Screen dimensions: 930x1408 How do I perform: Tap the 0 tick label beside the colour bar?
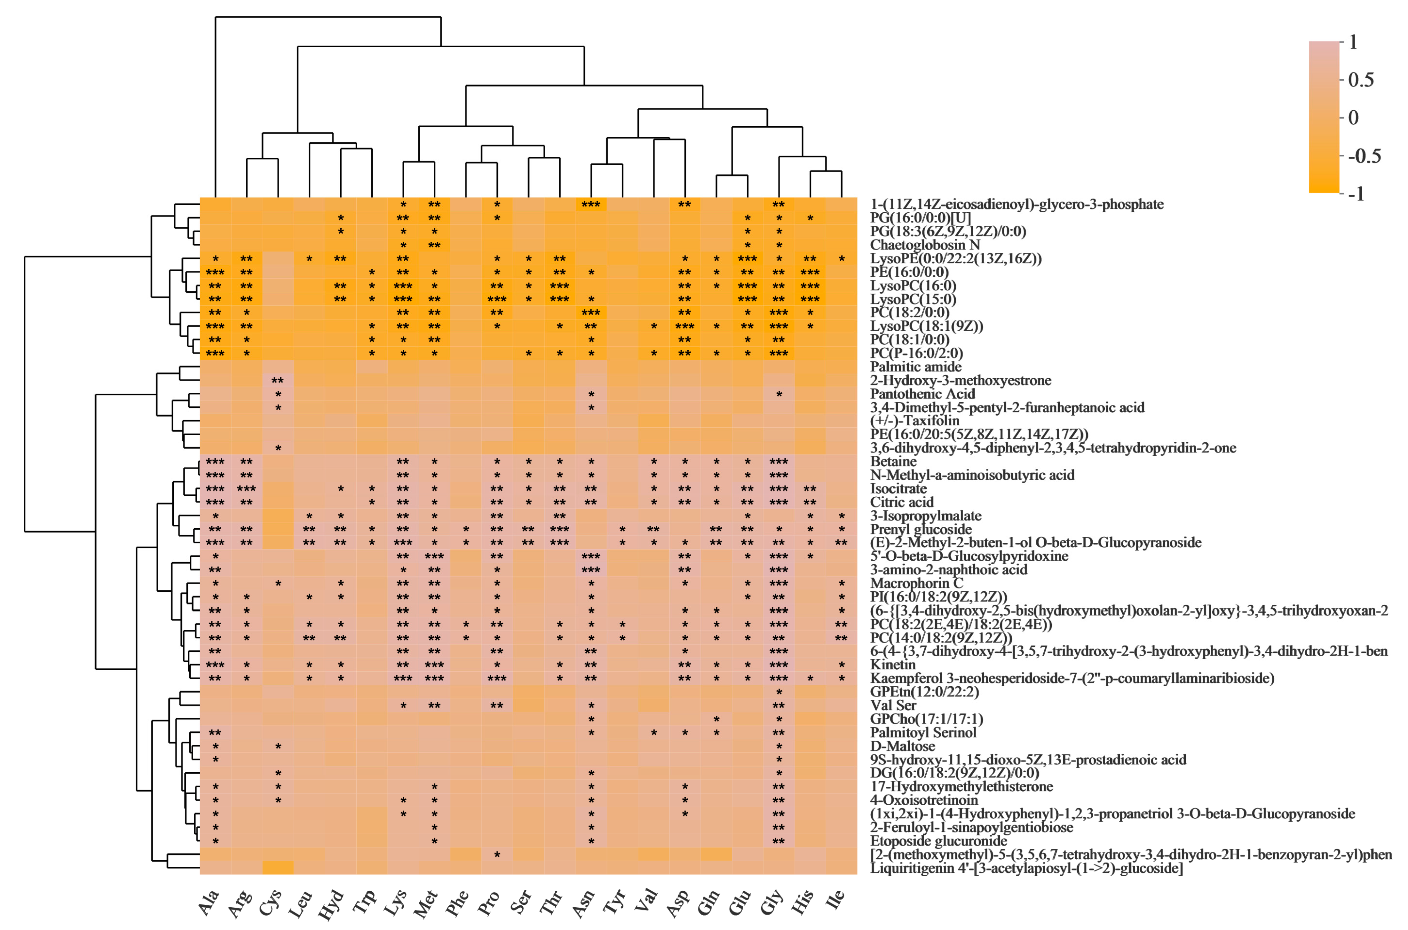[1353, 117]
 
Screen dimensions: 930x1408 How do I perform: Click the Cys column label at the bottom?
[271, 903]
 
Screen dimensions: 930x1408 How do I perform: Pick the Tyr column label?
[615, 903]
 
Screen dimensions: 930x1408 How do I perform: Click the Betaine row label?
[893, 461]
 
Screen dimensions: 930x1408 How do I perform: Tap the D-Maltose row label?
[902, 746]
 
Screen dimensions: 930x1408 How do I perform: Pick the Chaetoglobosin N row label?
[925, 245]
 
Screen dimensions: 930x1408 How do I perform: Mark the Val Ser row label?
[893, 705]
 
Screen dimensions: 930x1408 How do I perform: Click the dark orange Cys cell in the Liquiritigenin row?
[278, 868]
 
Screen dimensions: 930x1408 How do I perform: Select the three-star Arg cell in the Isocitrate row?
[246, 489]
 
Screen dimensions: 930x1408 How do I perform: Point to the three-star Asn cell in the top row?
[591, 205]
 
